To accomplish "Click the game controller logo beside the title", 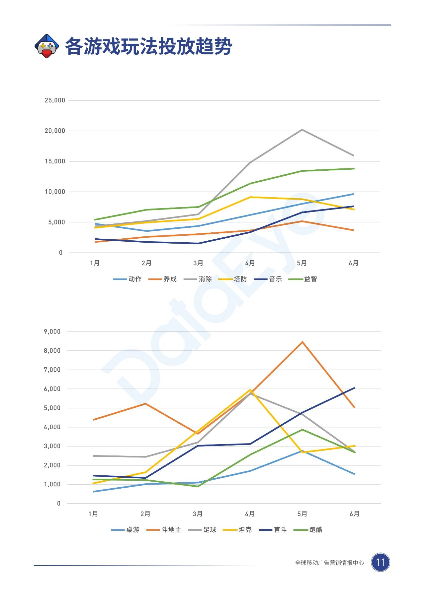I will pos(47,46).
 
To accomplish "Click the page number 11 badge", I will pos(380,562).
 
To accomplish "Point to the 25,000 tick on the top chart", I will pos(55,100).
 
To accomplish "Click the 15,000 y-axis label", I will pos(55,161).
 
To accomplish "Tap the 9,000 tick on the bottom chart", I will pos(52,331).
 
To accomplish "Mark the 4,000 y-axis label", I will pos(52,427).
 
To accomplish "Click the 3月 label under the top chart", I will pos(198,263).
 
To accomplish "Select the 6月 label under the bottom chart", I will pos(355,514).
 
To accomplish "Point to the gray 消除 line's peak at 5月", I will pos(302,130).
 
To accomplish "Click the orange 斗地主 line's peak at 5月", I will pos(302,342).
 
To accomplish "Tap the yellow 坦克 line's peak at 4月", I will pos(250,390).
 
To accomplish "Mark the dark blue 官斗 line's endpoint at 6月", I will pos(354,388).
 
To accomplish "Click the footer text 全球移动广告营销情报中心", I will pos(329,563).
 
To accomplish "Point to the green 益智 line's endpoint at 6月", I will pos(354,168).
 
